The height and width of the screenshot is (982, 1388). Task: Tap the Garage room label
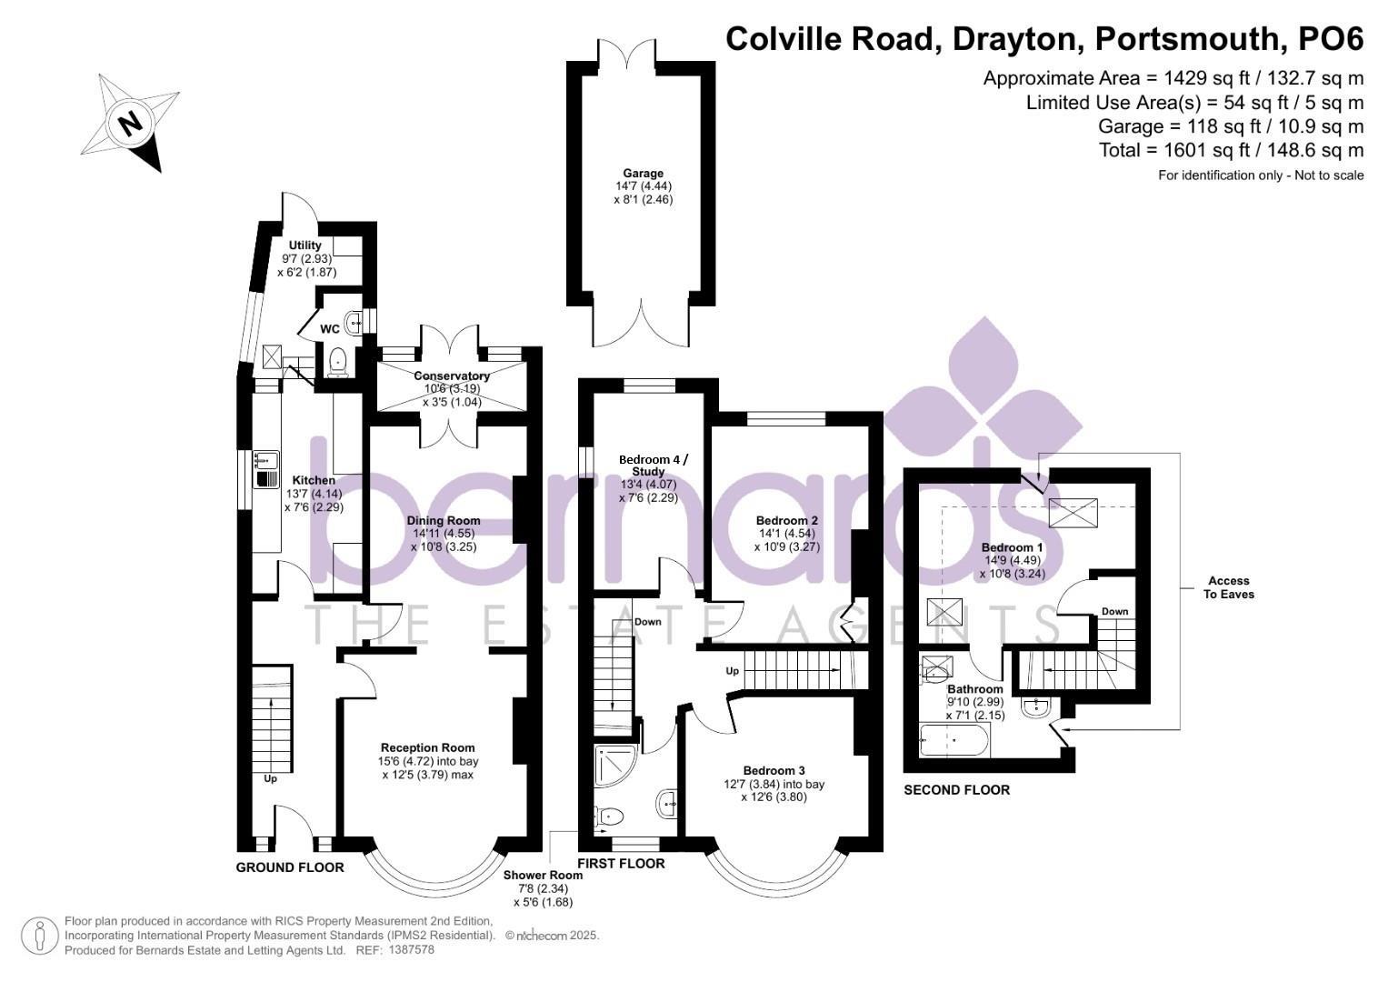point(643,173)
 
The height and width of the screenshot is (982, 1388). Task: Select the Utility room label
point(305,245)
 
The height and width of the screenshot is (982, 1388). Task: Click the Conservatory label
point(452,376)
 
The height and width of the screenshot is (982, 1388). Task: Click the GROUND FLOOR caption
point(290,867)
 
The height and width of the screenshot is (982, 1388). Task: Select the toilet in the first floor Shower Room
point(609,816)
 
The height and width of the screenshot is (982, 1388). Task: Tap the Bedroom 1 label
point(1012,547)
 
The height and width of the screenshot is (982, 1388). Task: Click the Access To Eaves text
point(1228,587)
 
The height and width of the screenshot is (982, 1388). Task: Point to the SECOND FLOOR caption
point(956,790)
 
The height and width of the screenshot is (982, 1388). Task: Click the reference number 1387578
point(411,950)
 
